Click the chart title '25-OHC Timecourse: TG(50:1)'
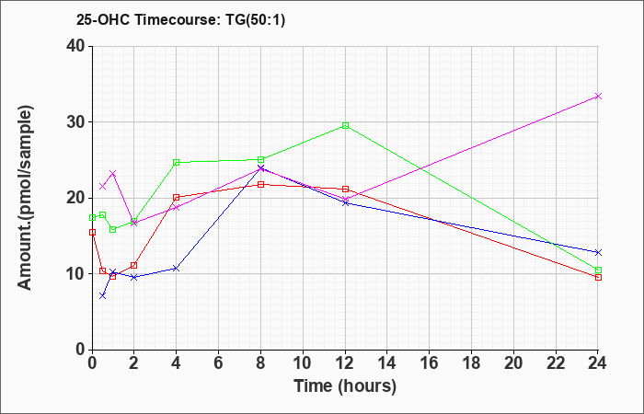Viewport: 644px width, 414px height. (180, 20)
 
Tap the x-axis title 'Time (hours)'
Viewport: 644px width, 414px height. (345, 386)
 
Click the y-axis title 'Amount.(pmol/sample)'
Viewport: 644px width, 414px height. (25, 198)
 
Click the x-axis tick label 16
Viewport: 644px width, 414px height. (430, 363)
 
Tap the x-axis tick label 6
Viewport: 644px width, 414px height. (219, 363)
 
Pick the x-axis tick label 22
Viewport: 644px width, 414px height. (556, 363)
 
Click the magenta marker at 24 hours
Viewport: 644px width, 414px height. (598, 96)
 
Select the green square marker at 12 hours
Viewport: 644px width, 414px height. (345, 126)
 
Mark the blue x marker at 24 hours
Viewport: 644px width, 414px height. (598, 252)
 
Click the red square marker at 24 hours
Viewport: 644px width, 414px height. (598, 277)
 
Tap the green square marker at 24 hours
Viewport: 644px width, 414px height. (598, 270)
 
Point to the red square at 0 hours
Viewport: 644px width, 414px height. (92, 232)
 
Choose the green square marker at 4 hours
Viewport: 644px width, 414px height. (177, 162)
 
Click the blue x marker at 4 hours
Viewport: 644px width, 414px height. (177, 269)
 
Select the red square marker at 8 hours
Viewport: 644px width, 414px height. (260, 184)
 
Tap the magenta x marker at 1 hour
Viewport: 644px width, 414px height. (113, 173)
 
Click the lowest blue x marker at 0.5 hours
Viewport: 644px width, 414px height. (103, 295)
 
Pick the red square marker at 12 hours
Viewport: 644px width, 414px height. (345, 189)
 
